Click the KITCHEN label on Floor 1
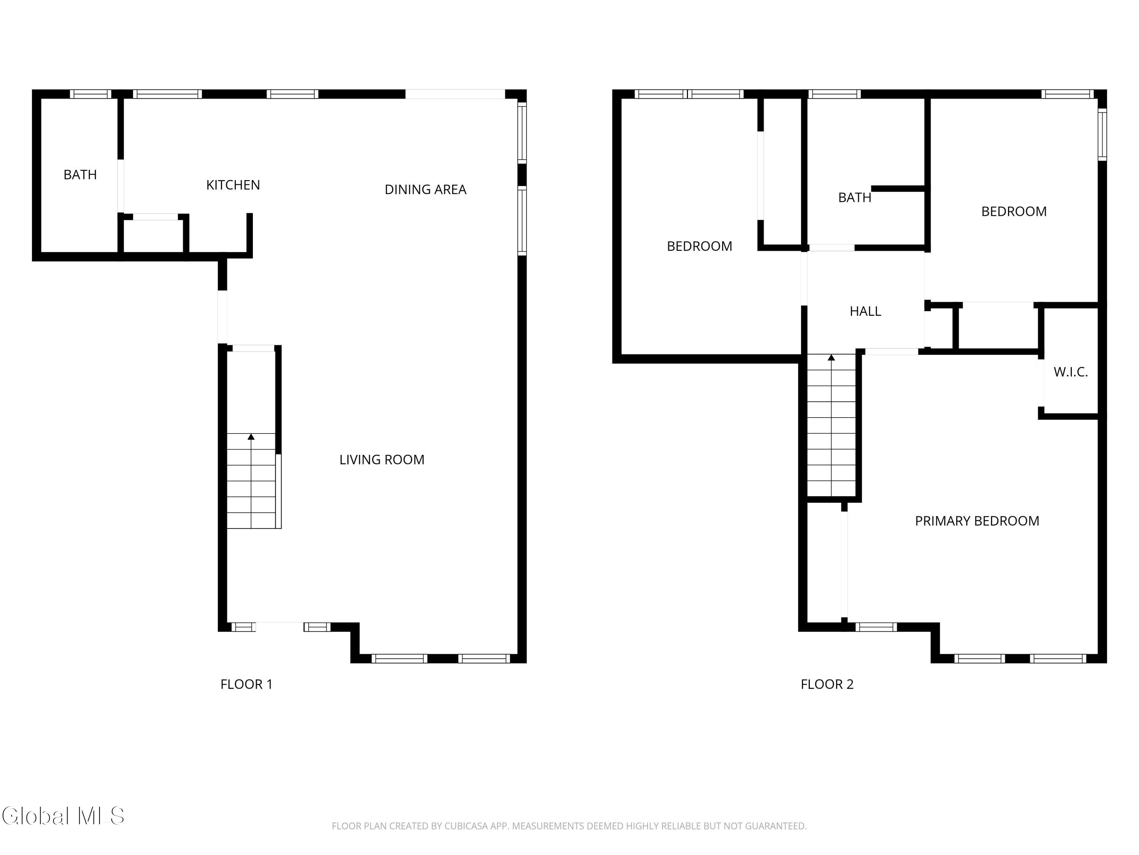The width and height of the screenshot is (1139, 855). [x=233, y=185]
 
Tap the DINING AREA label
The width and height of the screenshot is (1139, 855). [x=425, y=190]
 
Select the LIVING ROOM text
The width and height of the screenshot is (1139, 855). [x=382, y=460]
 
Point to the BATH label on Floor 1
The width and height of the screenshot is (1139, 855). [x=80, y=175]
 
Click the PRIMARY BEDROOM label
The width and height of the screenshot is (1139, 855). [x=977, y=521]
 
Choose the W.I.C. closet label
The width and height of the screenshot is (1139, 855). [x=1071, y=372]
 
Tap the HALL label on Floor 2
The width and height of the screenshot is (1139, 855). [x=865, y=311]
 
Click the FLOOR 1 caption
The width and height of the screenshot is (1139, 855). [x=246, y=684]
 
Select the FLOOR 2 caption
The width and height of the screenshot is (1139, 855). [x=827, y=684]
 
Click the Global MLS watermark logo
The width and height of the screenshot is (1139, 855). [x=63, y=816]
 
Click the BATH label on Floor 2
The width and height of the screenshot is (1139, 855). [x=854, y=197]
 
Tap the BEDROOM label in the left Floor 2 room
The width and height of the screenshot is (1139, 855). [x=699, y=246]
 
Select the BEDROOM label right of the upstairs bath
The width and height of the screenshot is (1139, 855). [x=1014, y=211]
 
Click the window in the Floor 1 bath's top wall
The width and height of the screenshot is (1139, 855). [x=91, y=94]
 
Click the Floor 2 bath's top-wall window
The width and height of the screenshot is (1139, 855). [x=834, y=94]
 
